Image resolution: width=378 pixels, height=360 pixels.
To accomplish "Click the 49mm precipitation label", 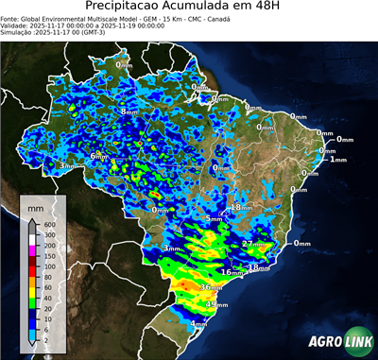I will pyautogui.click(x=216, y=305).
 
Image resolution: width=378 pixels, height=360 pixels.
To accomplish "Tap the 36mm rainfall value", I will pyautogui.click(x=211, y=286).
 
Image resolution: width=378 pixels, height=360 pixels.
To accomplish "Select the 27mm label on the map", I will pyautogui.click(x=252, y=244).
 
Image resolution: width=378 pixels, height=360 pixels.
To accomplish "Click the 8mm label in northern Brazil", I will pyautogui.click(x=129, y=111).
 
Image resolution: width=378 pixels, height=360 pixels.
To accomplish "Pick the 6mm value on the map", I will pyautogui.click(x=98, y=156).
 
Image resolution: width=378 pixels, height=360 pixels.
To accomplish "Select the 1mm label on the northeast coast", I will pyautogui.click(x=339, y=159).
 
